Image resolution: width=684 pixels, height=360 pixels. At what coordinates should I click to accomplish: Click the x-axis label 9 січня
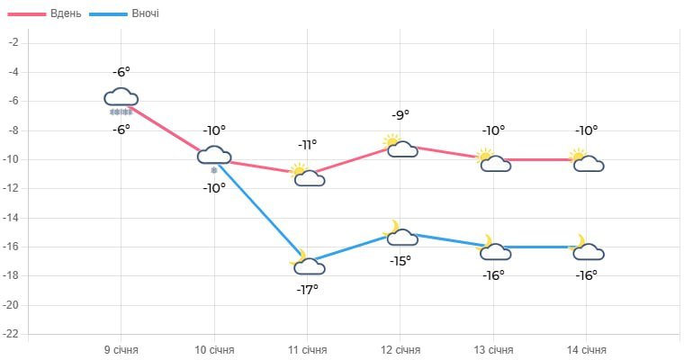(x=121, y=350)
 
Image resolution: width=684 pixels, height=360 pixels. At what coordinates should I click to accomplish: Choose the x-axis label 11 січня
(x=308, y=350)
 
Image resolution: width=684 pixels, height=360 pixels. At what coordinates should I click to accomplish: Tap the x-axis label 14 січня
(x=587, y=350)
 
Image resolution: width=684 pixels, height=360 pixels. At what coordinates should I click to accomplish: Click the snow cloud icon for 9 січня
(x=121, y=100)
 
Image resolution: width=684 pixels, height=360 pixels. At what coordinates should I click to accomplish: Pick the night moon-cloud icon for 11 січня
(x=307, y=263)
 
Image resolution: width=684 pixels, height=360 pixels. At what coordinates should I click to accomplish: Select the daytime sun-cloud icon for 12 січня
(x=400, y=146)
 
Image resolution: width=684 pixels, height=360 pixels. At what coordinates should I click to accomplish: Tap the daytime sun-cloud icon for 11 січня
(x=307, y=175)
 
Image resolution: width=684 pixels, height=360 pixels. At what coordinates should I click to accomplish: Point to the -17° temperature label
(x=308, y=289)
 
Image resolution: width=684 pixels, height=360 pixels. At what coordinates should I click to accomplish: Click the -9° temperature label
(x=400, y=114)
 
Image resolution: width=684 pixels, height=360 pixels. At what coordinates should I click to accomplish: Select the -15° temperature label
(x=400, y=260)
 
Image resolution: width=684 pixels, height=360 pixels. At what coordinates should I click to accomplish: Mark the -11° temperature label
(x=308, y=144)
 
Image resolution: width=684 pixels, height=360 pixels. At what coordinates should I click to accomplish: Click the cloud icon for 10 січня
(x=214, y=157)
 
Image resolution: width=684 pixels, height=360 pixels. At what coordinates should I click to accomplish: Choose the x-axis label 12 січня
(x=400, y=350)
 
